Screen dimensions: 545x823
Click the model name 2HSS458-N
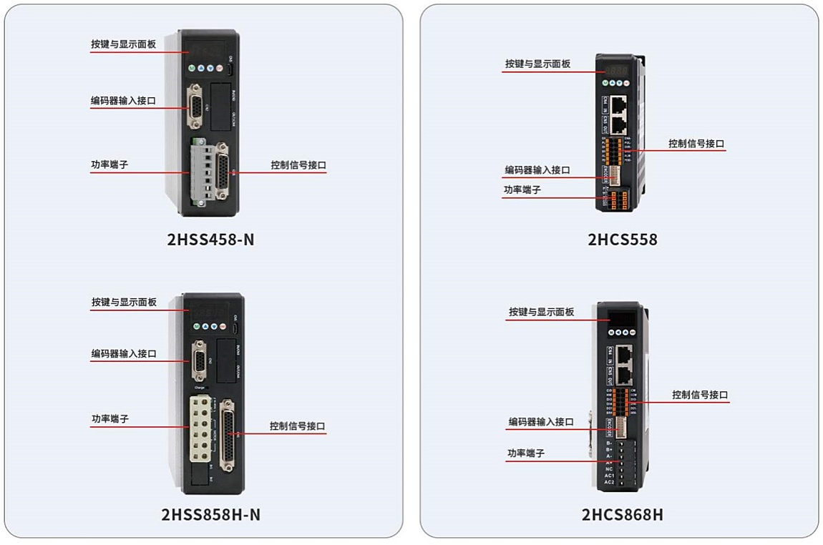click(210, 239)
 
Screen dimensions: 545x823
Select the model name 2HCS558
click(622, 239)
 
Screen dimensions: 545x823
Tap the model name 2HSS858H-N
click(210, 514)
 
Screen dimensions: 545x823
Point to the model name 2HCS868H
click(622, 514)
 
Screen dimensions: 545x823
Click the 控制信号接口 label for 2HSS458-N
click(298, 165)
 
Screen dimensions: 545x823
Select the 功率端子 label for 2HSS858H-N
click(109, 419)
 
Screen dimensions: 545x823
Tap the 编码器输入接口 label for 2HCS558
click(537, 170)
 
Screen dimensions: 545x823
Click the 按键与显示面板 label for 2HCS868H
click(541, 312)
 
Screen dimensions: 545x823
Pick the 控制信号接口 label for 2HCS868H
click(700, 394)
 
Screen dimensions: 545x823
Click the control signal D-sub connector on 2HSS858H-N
click(228, 433)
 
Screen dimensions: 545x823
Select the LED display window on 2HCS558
click(617, 71)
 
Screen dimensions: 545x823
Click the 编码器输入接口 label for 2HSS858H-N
click(123, 353)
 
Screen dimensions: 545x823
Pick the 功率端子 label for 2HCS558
click(522, 190)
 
